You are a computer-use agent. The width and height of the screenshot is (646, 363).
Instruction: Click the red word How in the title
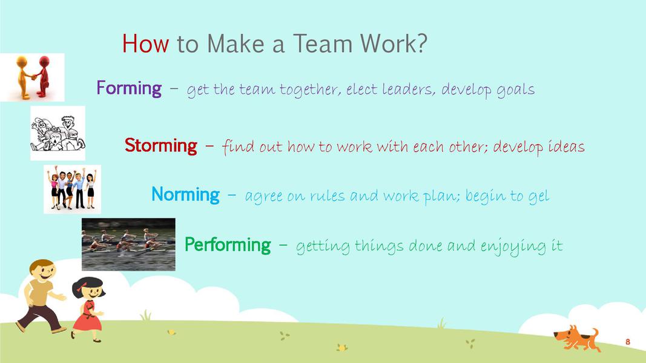tap(145, 43)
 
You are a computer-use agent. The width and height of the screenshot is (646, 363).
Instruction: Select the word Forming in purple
tap(129, 88)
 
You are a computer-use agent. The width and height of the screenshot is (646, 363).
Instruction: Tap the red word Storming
tap(160, 145)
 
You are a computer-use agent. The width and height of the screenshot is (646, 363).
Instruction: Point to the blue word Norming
tap(185, 194)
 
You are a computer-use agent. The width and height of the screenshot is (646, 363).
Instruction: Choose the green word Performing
tap(228, 245)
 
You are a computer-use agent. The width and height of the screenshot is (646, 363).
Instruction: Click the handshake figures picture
tap(32, 77)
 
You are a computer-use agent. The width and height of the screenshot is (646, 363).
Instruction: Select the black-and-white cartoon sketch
tap(58, 133)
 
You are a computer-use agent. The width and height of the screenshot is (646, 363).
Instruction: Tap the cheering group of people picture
tap(73, 189)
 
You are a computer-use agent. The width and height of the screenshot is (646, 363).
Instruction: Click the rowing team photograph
tap(128, 244)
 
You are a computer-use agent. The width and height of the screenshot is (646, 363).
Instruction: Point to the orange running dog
tap(577, 338)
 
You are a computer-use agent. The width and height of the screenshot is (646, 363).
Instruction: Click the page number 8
tap(627, 342)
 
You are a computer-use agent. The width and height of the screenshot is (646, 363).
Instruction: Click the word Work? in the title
tap(394, 43)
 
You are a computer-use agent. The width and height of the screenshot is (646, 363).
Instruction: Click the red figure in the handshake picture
tap(43, 77)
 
